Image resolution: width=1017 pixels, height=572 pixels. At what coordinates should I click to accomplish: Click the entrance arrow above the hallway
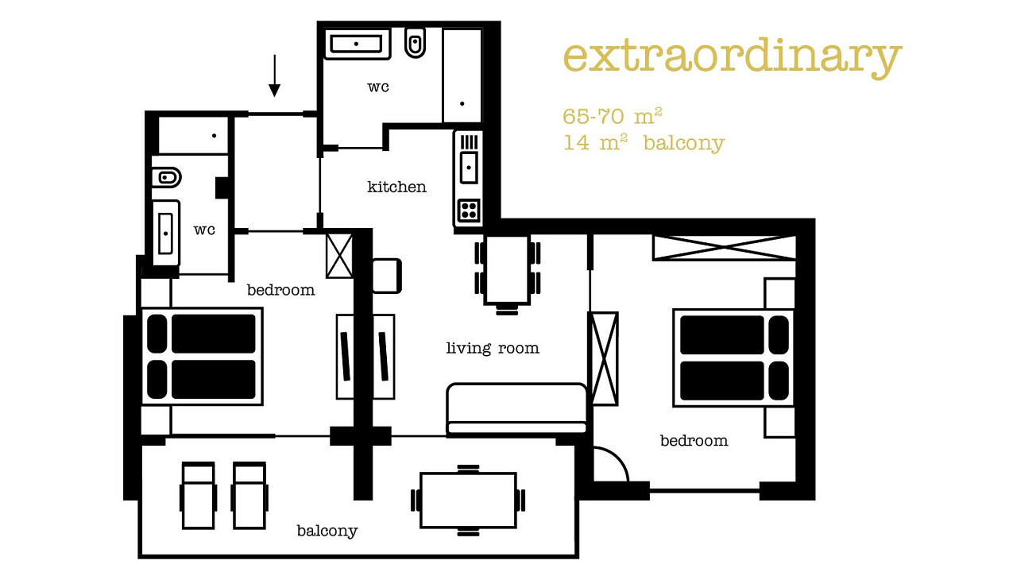tap(274, 75)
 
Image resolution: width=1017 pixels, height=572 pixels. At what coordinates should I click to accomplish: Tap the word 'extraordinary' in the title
tap(732, 58)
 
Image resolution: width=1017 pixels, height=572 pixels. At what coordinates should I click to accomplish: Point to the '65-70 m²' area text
tap(612, 116)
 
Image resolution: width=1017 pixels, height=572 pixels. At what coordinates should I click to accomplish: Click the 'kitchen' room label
tap(396, 187)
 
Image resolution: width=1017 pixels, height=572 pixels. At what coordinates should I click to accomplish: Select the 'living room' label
tap(493, 348)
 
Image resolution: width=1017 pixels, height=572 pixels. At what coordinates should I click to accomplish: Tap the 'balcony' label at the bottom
tap(327, 531)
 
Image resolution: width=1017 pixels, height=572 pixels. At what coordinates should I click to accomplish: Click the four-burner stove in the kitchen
tap(469, 211)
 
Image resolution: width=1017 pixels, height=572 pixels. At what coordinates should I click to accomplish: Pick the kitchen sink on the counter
tap(469, 168)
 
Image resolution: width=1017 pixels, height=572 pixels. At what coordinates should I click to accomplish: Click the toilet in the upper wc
tap(415, 43)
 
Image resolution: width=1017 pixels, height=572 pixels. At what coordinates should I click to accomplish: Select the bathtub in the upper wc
tap(358, 44)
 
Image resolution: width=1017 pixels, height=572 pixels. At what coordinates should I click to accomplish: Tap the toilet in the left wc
tap(167, 177)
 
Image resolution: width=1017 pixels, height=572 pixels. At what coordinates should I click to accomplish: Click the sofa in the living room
tap(516, 410)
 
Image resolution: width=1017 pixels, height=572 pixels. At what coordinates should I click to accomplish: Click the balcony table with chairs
tap(468, 500)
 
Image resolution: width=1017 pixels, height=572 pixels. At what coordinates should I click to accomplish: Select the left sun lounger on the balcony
tap(199, 496)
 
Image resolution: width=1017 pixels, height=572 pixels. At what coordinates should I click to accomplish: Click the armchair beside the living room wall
tap(387, 276)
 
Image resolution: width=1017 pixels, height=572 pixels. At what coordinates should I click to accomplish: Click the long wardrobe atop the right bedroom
tap(724, 248)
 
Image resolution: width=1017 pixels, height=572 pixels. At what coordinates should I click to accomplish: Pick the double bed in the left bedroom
tap(202, 357)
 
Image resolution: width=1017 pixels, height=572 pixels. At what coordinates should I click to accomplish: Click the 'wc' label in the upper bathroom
tap(378, 87)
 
